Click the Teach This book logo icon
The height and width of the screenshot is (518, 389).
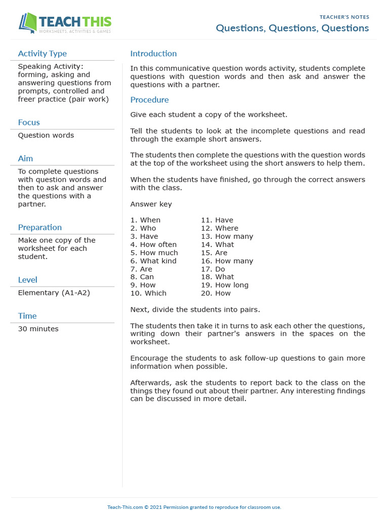click(28, 23)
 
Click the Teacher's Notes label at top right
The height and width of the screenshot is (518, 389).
click(344, 17)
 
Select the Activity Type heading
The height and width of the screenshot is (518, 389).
click(42, 54)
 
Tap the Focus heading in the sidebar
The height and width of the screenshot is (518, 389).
click(29, 122)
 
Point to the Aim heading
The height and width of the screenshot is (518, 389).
click(25, 158)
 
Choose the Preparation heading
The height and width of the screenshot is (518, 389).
click(40, 227)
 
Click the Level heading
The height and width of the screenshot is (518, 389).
click(28, 280)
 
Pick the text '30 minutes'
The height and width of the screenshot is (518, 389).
click(38, 329)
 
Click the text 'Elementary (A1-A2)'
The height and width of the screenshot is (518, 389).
click(54, 292)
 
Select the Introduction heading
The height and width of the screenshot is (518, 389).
click(153, 54)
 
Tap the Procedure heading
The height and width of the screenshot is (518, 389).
click(149, 100)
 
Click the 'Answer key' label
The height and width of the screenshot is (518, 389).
click(151, 204)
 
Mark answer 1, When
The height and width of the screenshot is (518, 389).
click(145, 220)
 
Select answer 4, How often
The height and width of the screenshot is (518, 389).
click(153, 244)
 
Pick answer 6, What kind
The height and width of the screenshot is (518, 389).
click(153, 261)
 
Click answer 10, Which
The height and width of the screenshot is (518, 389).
click(148, 293)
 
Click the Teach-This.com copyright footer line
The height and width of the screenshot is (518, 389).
click(194, 507)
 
